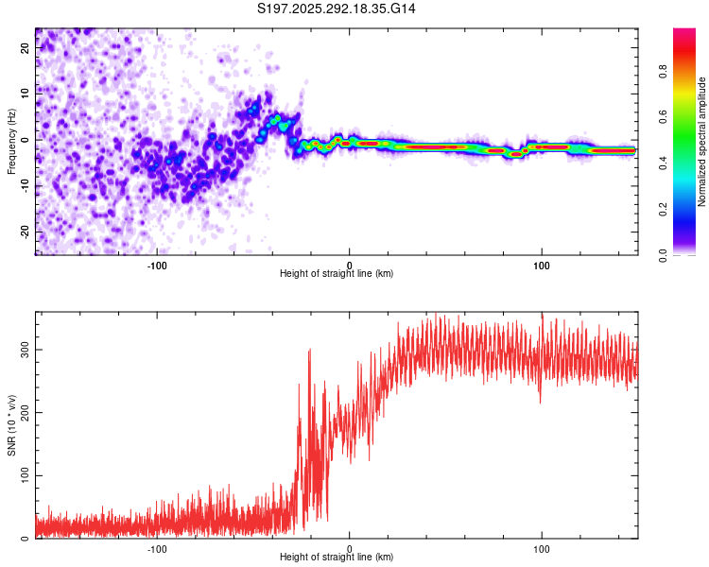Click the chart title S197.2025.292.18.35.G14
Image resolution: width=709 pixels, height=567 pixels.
pos(337,9)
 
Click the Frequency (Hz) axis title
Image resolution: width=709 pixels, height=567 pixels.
pos(11,140)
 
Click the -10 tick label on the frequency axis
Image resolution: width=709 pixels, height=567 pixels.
pos(26,185)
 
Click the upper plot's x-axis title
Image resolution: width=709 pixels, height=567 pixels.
pos(337,273)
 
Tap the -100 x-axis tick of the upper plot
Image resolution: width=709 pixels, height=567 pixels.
pos(157,265)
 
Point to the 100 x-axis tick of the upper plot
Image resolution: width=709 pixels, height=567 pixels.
pos(542,265)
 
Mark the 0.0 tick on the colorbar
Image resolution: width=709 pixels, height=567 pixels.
pos(689,254)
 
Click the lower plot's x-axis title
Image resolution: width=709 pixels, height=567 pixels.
pos(337,557)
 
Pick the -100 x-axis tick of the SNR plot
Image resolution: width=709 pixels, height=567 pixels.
pos(157,548)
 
